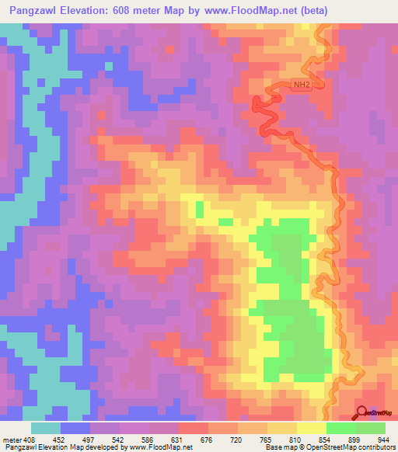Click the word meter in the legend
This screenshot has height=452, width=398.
(x=12, y=439)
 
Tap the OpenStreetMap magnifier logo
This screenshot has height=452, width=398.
(x=361, y=413)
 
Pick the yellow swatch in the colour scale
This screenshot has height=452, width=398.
(x=312, y=428)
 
